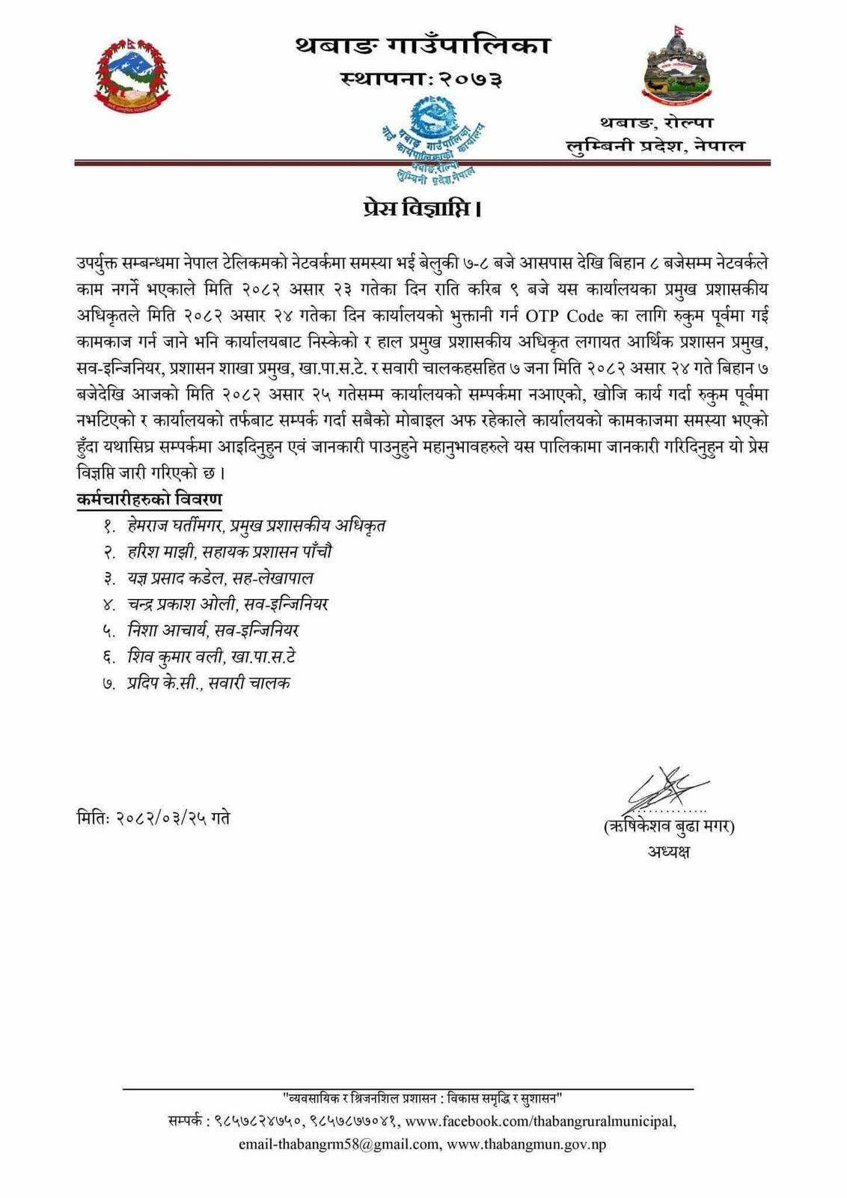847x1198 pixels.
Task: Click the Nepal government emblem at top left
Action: click(x=132, y=76)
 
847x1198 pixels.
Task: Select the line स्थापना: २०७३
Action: click(x=421, y=78)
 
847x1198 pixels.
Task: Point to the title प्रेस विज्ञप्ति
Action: click(x=421, y=208)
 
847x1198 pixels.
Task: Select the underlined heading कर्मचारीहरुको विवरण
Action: click(x=149, y=499)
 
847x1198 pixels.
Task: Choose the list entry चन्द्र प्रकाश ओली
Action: click(x=175, y=604)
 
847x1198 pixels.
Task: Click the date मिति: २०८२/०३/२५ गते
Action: click(x=153, y=818)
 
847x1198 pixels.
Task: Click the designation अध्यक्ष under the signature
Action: click(x=669, y=851)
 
